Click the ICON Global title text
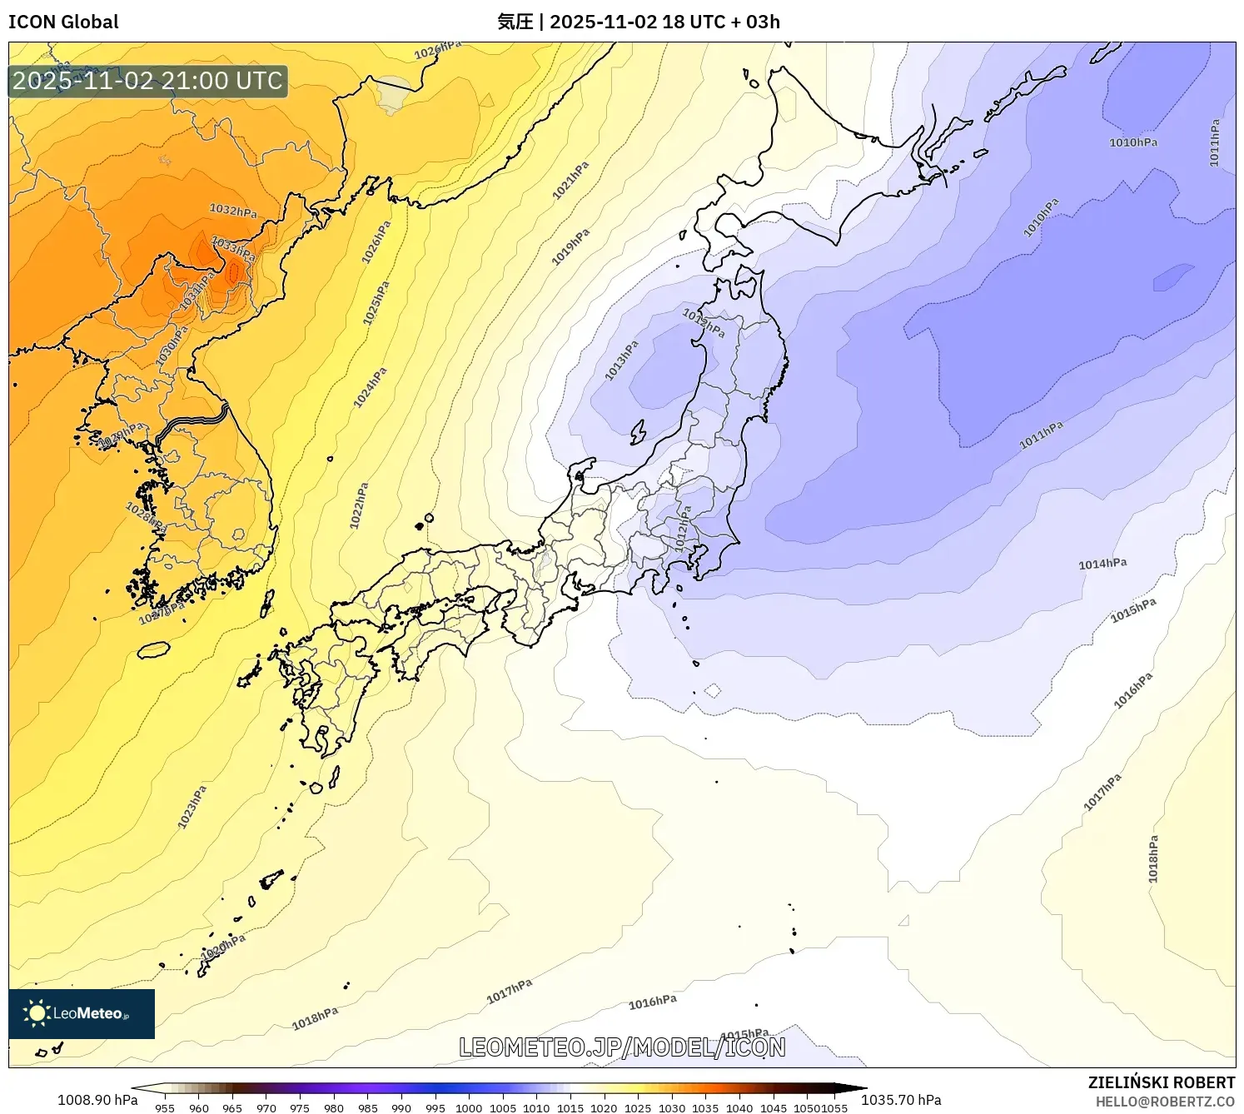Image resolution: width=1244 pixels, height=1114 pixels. (x=63, y=22)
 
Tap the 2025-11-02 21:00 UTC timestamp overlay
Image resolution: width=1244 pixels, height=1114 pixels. (x=147, y=81)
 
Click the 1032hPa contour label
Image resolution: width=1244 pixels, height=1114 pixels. (x=233, y=210)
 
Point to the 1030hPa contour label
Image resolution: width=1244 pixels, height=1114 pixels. (x=172, y=346)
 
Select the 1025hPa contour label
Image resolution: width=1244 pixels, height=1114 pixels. (x=376, y=303)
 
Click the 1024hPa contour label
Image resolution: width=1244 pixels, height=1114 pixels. (x=370, y=388)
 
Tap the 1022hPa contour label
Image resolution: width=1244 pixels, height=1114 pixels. (x=359, y=505)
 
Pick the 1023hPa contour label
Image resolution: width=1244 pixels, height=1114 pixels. (x=192, y=806)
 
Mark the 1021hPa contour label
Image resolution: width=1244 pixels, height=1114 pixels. (x=570, y=180)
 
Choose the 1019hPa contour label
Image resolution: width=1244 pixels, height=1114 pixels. (x=570, y=247)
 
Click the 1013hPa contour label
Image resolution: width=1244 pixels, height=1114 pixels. (x=621, y=361)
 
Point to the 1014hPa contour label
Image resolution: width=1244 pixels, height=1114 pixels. (x=1102, y=564)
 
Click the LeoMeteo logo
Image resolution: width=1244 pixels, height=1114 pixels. (x=82, y=1013)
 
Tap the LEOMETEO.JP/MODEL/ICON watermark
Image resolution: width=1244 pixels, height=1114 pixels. (x=622, y=1047)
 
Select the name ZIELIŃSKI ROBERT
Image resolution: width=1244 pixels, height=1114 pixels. (x=1162, y=1082)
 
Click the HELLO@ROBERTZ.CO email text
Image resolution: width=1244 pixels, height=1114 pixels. (x=1165, y=1102)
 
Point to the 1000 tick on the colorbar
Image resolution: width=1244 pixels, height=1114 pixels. (x=469, y=1107)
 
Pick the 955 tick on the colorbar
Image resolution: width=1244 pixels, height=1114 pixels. (x=165, y=1107)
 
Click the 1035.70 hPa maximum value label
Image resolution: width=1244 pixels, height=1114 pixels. (x=901, y=1100)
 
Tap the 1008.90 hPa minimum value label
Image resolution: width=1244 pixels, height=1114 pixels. (x=97, y=1100)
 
